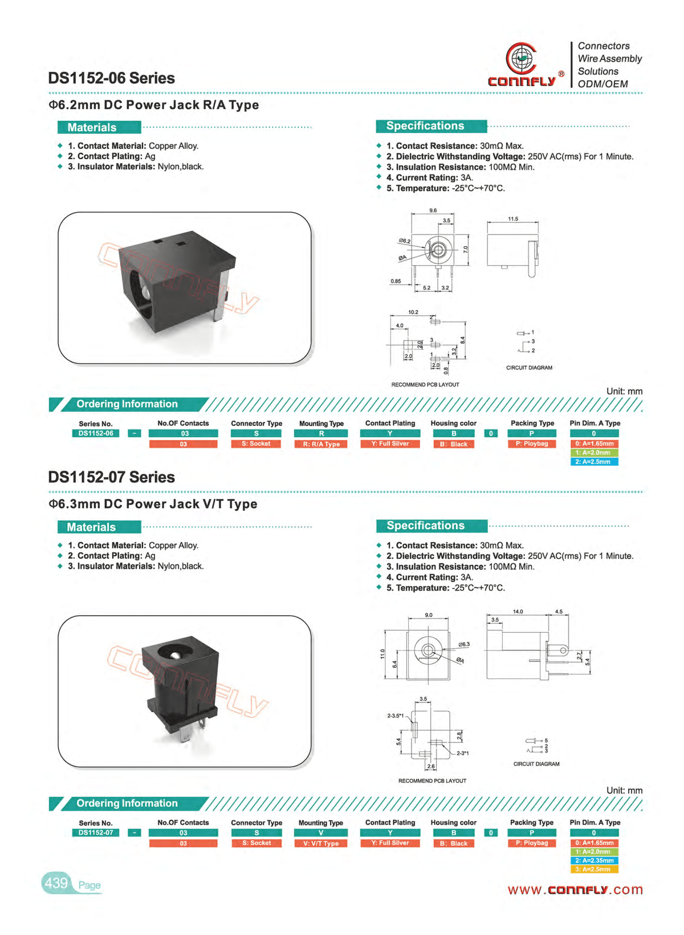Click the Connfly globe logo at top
pyautogui.click(x=521, y=59)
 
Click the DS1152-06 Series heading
pyautogui.click(x=111, y=78)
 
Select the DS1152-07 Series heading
pyautogui.click(x=111, y=477)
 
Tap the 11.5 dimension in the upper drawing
pyautogui.click(x=513, y=219)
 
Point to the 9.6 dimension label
pyautogui.click(x=433, y=211)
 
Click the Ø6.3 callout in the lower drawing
pyautogui.click(x=464, y=644)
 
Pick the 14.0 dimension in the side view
pyautogui.click(x=518, y=612)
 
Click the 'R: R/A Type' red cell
pyautogui.click(x=321, y=444)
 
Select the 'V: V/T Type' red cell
pyautogui.click(x=321, y=843)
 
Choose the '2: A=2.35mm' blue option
pyautogui.click(x=594, y=860)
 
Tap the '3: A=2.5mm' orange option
pyautogui.click(x=594, y=869)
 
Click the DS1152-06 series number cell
pyautogui.click(x=96, y=433)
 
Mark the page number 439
pyautogui.click(x=56, y=883)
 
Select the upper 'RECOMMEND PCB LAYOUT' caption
pyautogui.click(x=425, y=385)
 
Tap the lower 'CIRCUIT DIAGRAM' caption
pyautogui.click(x=536, y=764)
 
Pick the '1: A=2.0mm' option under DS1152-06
pyautogui.click(x=594, y=453)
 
